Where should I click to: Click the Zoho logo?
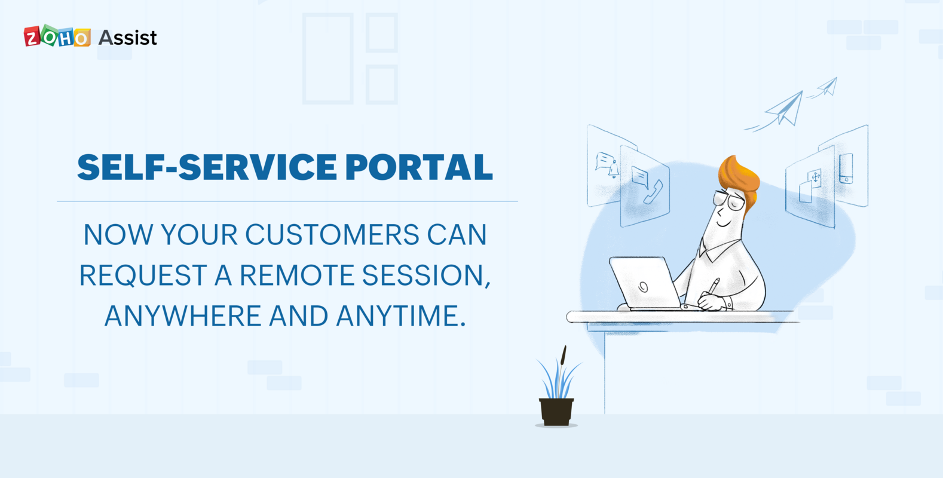(57, 37)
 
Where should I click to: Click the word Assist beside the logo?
(127, 38)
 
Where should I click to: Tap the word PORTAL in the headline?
(419, 167)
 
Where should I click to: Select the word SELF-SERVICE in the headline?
(207, 167)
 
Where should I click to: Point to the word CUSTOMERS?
(332, 235)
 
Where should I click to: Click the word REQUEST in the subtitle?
(143, 275)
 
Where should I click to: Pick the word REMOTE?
(298, 275)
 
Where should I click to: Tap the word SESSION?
(425, 275)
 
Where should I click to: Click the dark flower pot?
(556, 411)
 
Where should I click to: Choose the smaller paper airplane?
(828, 87)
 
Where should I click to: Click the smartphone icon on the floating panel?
(846, 168)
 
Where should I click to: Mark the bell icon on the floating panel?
(613, 171)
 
